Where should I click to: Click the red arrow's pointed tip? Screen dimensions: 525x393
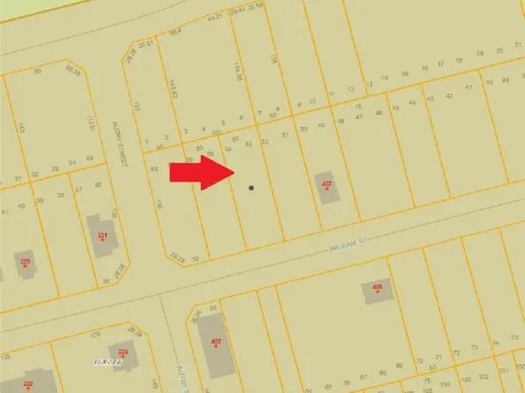click(x=233, y=172)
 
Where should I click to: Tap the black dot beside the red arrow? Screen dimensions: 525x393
click(x=251, y=187)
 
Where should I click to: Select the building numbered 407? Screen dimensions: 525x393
click(x=328, y=187)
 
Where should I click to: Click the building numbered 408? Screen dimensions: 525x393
click(x=378, y=291)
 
